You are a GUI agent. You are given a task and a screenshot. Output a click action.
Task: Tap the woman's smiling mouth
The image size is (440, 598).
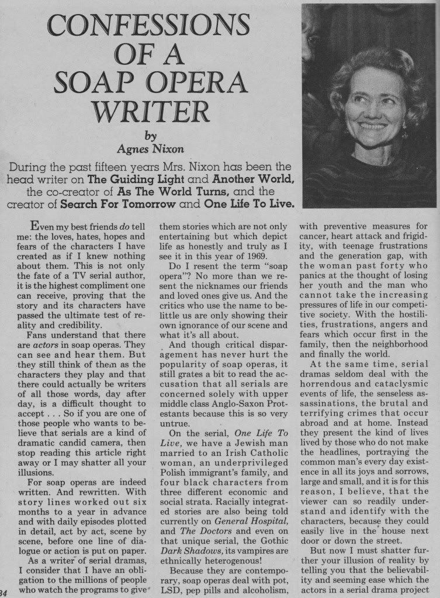tap(372, 125)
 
